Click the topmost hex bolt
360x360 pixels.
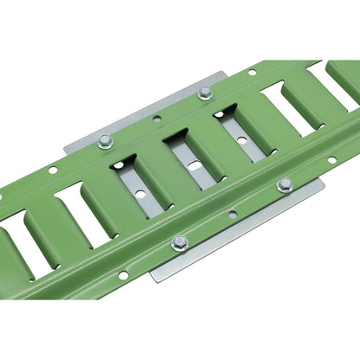pos(205,93)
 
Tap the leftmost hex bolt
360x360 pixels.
pos(106,141)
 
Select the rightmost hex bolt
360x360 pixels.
pos(284,184)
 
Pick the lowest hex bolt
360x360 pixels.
pos(180,242)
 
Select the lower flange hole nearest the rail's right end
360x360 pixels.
pos(331,159)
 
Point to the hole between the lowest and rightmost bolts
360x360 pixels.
pos(232,214)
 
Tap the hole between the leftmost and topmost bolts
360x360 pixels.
pos(157,118)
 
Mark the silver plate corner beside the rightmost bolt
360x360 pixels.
pos(323,182)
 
